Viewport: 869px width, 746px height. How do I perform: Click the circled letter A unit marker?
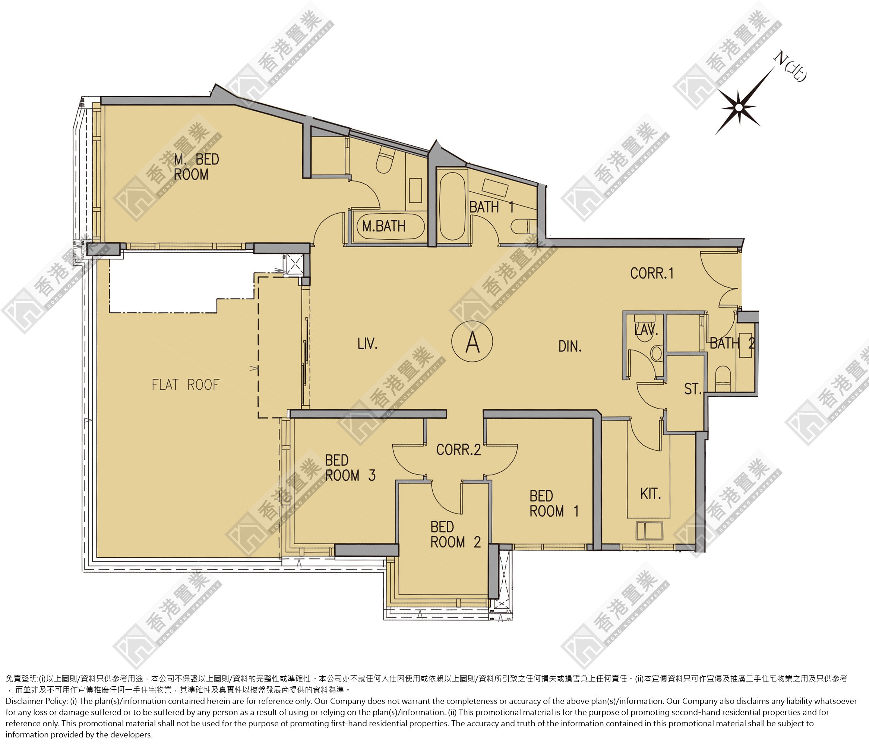pos(472,341)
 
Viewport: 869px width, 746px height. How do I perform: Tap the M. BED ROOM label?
pos(196,167)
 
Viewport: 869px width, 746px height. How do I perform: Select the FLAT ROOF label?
pos(185,385)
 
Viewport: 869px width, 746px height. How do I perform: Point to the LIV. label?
pos(367,344)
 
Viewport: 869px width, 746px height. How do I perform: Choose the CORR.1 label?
pos(652,274)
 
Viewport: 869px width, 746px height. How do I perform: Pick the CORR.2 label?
pos(458,450)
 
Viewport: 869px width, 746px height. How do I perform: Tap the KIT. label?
pos(651,494)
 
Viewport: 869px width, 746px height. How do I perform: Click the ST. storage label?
pos(693,389)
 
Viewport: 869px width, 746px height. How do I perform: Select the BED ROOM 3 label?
pos(350,468)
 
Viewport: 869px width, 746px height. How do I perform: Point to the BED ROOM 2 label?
pos(455,535)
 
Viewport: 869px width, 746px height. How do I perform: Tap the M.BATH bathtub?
pos(390,227)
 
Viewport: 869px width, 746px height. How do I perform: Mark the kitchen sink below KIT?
pos(649,531)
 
